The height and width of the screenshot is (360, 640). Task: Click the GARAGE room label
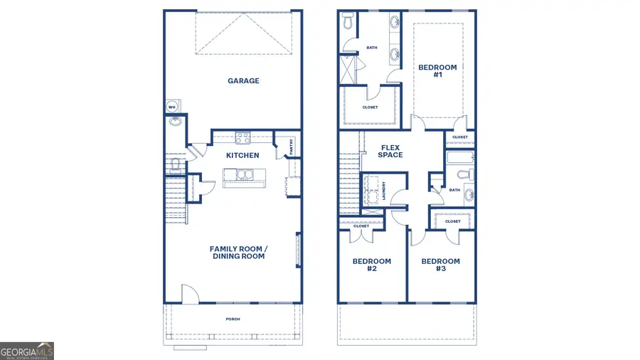243,81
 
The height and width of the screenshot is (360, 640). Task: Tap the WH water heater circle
172,107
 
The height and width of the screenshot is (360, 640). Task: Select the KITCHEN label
242,155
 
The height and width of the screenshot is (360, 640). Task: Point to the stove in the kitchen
242,138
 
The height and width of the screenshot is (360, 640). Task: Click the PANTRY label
292,147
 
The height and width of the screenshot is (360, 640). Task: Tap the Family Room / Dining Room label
238,252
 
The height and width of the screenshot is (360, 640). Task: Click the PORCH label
233,319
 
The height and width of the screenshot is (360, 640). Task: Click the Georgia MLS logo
27,351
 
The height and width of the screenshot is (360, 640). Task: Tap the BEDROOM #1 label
437,70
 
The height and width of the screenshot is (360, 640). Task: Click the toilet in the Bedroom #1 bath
347,23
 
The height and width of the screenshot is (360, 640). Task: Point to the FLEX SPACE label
390,151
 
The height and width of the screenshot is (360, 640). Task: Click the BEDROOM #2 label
371,265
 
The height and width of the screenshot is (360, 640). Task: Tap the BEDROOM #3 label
440,265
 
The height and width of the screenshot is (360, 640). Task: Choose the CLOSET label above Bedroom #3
453,221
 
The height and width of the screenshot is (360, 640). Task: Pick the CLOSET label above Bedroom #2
361,226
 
